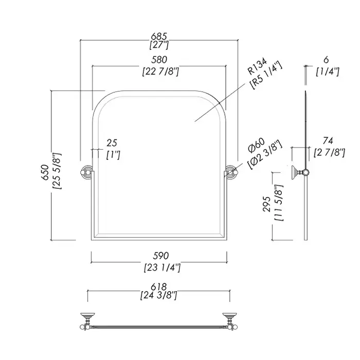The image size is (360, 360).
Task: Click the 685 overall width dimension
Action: tap(159, 37)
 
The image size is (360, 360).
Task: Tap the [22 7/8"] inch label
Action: tap(159, 71)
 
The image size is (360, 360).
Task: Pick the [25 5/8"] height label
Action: tap(58, 171)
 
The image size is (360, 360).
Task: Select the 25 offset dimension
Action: tap(113, 142)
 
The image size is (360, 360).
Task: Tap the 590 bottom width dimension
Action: tap(161, 256)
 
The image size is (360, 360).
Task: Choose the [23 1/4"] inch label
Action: tap(161, 267)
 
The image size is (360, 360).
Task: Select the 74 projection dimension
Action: tap(327, 140)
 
